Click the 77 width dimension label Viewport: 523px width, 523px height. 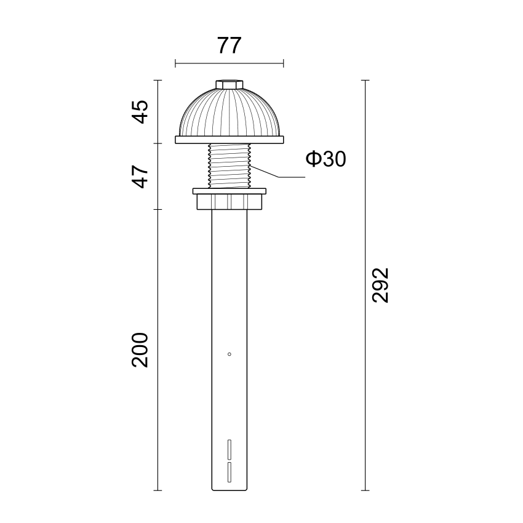click(229, 46)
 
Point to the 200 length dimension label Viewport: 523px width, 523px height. click(140, 350)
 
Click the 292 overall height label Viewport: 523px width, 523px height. click(381, 285)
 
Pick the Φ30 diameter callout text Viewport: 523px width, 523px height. click(326, 159)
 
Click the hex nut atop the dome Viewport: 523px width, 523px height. click(230, 84)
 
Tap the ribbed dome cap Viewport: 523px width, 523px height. click(230, 113)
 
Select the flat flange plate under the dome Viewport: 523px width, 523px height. click(230, 140)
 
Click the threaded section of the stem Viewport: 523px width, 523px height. click(230, 166)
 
